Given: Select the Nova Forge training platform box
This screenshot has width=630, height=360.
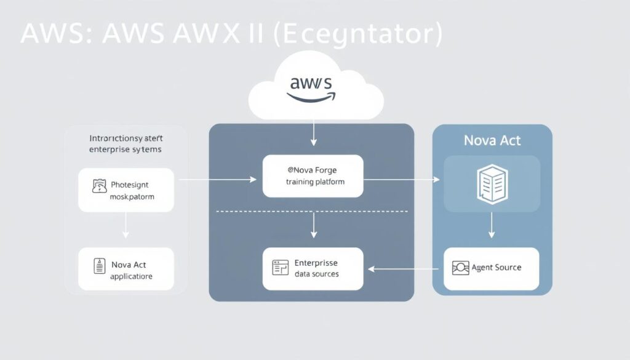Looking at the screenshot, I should (x=313, y=176).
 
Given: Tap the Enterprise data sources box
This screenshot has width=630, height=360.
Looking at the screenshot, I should (x=313, y=268).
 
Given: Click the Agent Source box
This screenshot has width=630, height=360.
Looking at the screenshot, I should (x=491, y=268).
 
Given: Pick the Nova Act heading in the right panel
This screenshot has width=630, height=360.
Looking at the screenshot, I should (x=492, y=140).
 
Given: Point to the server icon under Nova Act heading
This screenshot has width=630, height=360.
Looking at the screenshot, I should (x=492, y=183).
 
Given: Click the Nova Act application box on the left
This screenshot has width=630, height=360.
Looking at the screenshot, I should (x=126, y=269).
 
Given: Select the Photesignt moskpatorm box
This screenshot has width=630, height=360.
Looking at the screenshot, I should (x=126, y=191).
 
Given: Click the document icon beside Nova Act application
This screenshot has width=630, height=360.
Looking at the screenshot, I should (x=98, y=266).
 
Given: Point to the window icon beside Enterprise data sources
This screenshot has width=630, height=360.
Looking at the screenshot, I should (x=280, y=267).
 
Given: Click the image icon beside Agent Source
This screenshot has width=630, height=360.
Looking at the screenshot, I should (x=460, y=268).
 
